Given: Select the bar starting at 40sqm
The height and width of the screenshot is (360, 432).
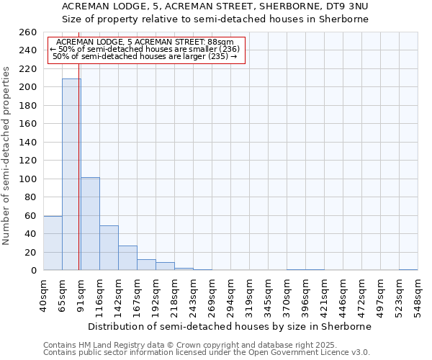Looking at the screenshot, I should [x=53, y=243].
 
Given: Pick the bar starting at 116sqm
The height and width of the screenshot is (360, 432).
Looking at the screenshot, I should [x=109, y=248].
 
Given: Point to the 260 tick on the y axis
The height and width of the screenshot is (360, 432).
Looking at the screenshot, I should [x=28, y=32].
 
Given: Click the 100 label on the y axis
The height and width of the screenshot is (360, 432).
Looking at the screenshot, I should [x=28, y=179].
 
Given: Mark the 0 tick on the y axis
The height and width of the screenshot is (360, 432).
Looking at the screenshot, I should [x=33, y=271].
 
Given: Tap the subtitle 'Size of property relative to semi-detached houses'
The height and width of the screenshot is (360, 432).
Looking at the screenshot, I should [x=215, y=19].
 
